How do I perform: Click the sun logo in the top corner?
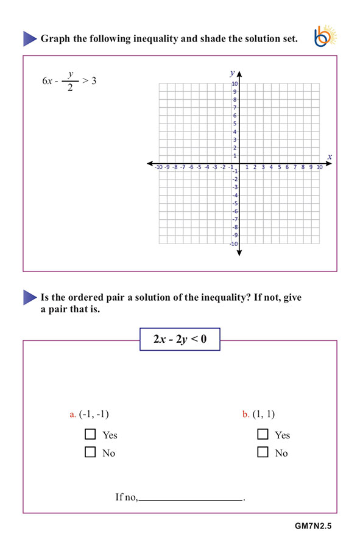click(x=325, y=38)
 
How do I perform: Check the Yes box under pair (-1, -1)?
click(x=91, y=434)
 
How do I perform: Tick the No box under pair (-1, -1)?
click(x=91, y=452)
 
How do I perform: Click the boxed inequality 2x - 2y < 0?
click(x=180, y=339)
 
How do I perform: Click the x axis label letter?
click(x=330, y=156)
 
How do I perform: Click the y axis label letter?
click(x=231, y=72)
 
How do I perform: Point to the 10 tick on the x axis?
click(x=319, y=167)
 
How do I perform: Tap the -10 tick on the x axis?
click(x=158, y=167)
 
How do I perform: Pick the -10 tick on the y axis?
click(x=234, y=244)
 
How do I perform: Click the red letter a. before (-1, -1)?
click(x=73, y=415)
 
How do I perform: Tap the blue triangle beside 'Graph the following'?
click(x=30, y=38)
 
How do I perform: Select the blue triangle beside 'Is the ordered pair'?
click(x=30, y=298)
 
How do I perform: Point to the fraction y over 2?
click(x=71, y=81)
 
